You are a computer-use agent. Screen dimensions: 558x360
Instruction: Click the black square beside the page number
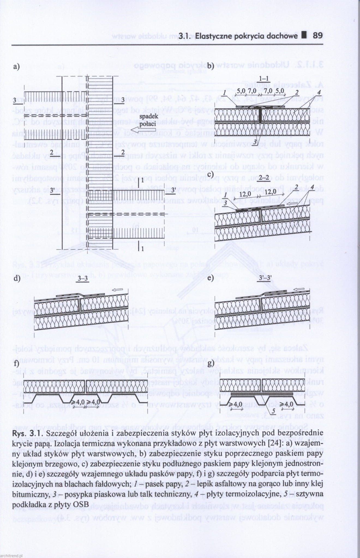305,35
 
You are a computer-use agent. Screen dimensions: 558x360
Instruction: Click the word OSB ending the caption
82,504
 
